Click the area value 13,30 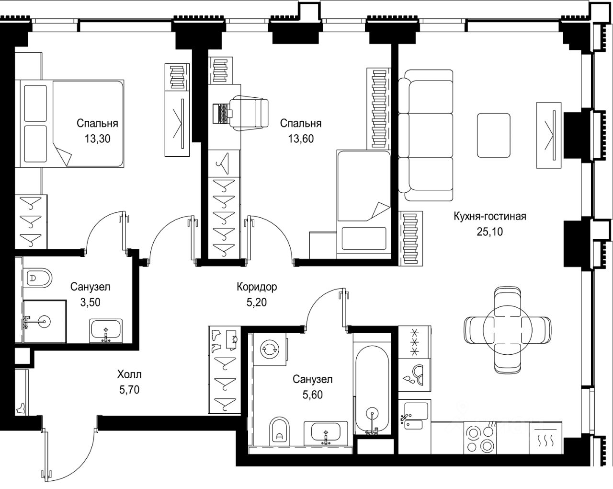(x=97, y=139)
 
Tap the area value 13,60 (x=301, y=139)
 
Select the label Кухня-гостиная (x=490, y=216)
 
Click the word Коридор (x=257, y=287)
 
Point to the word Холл (x=129, y=374)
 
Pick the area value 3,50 (x=91, y=302)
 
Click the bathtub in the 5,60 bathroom (x=372, y=390)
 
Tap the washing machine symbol (x=270, y=349)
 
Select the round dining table (x=507, y=330)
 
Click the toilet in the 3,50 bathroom (x=37, y=278)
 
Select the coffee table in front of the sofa (x=494, y=135)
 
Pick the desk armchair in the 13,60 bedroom (x=249, y=113)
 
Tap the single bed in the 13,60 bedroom (x=364, y=204)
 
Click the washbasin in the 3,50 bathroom (x=106, y=331)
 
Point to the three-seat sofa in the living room (x=426, y=135)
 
